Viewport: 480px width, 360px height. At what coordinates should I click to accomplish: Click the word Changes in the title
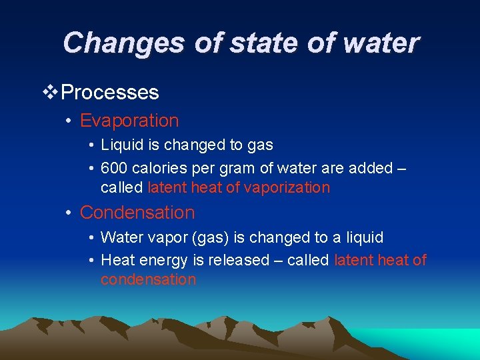[x=124, y=43]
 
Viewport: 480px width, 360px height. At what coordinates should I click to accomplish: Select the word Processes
[x=110, y=92]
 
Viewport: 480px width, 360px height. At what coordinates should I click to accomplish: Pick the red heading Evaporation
[x=129, y=121]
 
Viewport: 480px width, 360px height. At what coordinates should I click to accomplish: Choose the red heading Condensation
[x=137, y=213]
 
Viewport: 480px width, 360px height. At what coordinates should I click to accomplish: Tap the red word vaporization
[x=287, y=187]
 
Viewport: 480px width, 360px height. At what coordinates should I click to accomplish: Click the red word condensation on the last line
[x=148, y=279]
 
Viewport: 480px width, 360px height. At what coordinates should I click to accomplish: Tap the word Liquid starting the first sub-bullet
[x=121, y=145]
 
